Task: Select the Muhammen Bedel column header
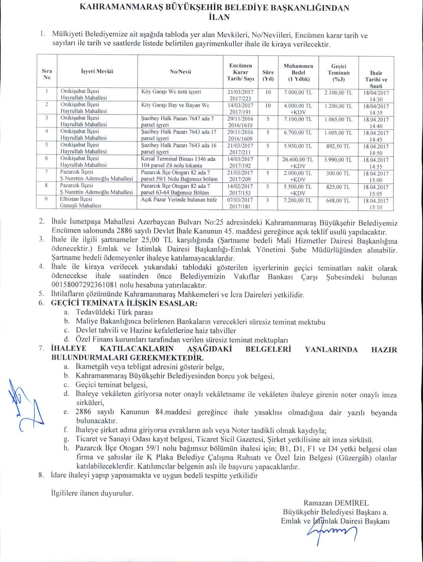pos(298,73)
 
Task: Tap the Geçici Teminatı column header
pos(339,73)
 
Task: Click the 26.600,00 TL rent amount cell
pos(298,160)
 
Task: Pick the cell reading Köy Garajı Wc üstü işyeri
pos(171,92)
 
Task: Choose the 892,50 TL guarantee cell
pos(338,146)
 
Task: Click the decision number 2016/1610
pos(241,125)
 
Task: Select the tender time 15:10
pos(376,207)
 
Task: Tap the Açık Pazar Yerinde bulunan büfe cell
pos(179,200)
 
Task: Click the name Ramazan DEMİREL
pos(336,503)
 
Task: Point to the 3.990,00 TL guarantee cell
pos(338,160)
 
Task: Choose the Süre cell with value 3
pos(267,200)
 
